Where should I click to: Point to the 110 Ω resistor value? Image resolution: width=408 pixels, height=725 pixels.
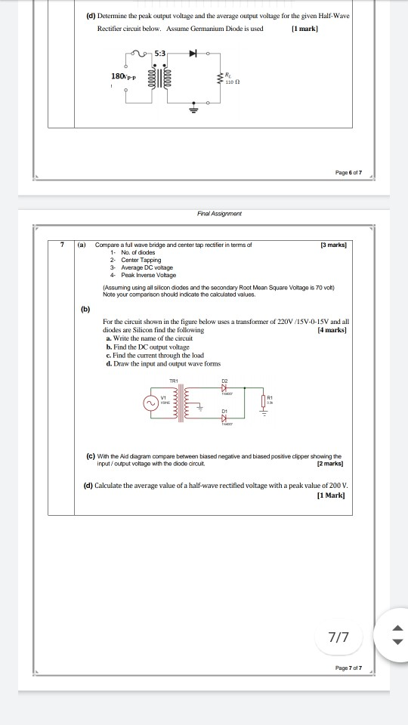click(x=231, y=80)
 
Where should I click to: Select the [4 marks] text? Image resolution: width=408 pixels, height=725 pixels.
click(x=334, y=331)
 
